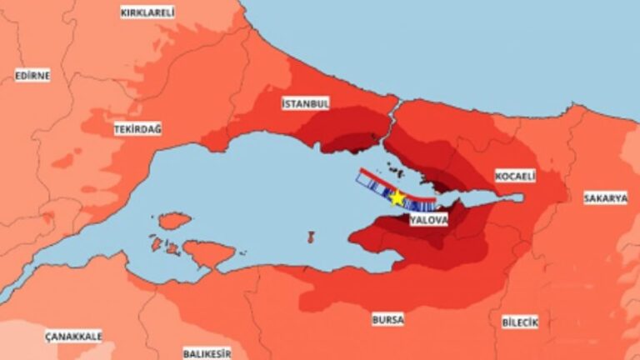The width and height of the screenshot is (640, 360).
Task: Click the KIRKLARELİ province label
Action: coord(147,12)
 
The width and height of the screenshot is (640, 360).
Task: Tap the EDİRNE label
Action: coord(32,76)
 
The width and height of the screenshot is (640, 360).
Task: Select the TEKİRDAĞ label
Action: coord(138,129)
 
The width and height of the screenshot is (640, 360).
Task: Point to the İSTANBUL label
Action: coord(306,103)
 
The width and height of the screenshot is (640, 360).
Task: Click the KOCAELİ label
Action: coord(515,177)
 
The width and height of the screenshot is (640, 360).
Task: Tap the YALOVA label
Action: coord(428,221)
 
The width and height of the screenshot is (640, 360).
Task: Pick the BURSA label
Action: coord(387,319)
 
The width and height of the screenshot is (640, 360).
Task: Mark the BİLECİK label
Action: coord(521,322)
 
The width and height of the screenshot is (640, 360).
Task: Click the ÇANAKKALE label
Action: coord(73,336)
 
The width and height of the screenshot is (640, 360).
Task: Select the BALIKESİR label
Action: coord(207,353)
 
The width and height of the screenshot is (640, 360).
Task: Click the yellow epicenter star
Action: coord(397,198)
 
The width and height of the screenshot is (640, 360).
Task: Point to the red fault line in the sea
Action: coord(375,181)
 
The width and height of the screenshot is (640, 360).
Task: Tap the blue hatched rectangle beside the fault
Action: coord(371,187)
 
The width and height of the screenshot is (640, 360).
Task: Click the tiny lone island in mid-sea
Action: coord(311,237)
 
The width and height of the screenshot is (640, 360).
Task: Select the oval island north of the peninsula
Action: coord(174,221)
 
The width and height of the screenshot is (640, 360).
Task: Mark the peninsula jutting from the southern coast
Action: coord(208,252)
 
